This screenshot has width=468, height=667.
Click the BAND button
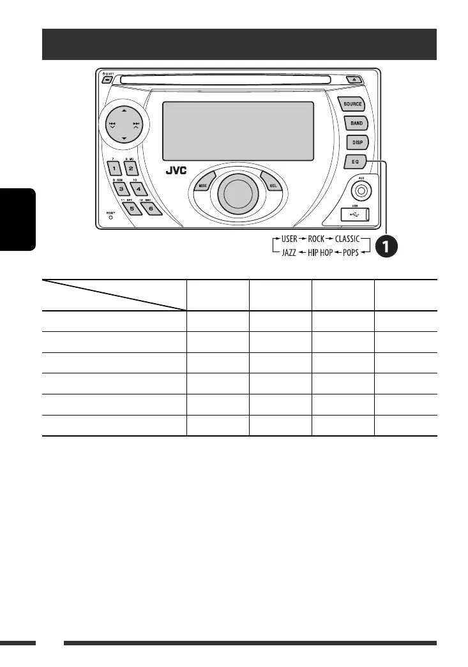(356, 123)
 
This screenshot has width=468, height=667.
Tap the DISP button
(356, 143)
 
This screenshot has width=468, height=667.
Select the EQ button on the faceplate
(355, 162)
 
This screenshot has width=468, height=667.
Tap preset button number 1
(114, 169)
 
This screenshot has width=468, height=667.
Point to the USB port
(355, 214)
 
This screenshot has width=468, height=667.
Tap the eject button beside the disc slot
(353, 80)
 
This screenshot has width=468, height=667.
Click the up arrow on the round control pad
(123, 110)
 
